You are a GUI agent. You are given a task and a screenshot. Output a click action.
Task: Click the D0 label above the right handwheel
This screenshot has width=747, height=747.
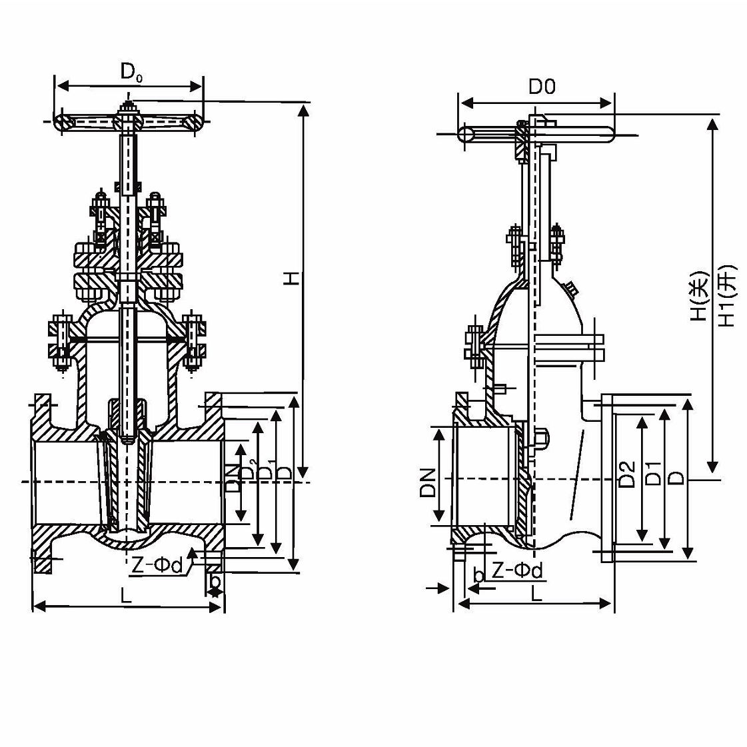(x=542, y=87)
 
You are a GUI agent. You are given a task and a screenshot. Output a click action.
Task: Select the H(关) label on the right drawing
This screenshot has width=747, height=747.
(x=697, y=296)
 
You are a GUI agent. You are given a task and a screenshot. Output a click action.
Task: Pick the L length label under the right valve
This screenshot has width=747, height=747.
(x=536, y=592)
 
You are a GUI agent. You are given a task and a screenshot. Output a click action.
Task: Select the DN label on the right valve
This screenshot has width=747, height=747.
(x=427, y=483)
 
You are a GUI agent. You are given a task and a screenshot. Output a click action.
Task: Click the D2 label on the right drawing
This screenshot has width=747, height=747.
(x=626, y=474)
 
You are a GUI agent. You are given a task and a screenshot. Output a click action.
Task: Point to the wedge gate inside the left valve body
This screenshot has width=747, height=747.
(x=126, y=480)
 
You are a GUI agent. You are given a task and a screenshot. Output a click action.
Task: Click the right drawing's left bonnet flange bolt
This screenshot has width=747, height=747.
(x=476, y=347)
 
